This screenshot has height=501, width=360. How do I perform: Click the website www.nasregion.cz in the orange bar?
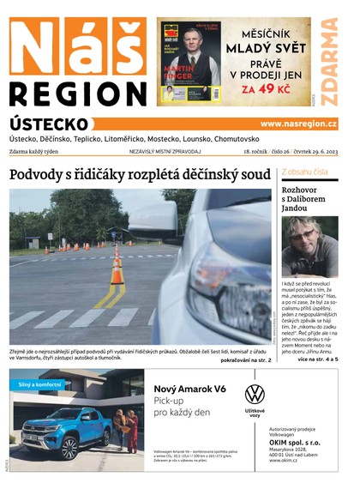click(298, 124)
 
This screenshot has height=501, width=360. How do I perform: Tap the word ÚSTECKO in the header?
click(49, 124)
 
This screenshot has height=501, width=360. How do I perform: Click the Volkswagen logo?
click(255, 395)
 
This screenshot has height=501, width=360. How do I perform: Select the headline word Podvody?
click(39, 175)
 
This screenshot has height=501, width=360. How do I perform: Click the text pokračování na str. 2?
click(246, 360)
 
